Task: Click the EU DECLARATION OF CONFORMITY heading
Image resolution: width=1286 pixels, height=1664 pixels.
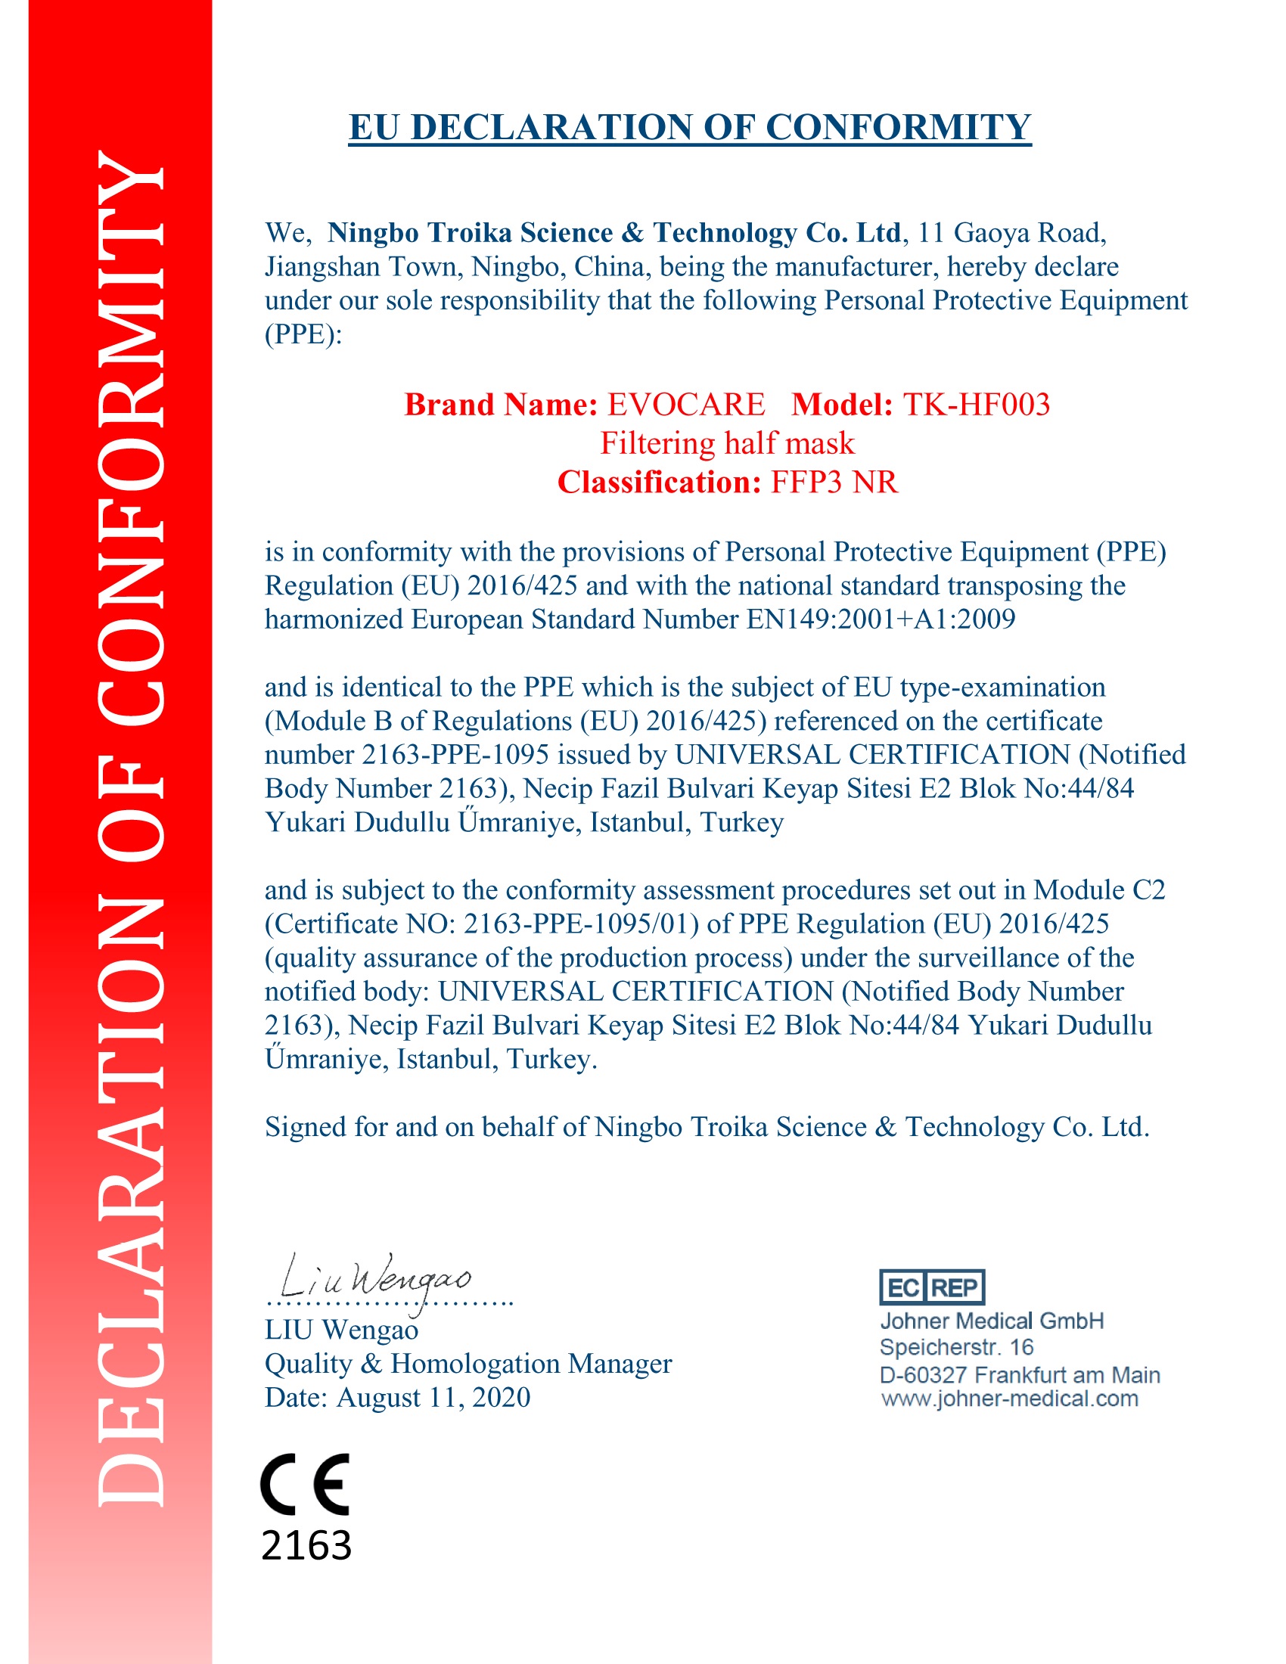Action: [688, 127]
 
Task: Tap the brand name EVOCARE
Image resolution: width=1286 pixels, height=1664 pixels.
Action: [685, 405]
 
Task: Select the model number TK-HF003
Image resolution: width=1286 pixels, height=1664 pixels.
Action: [976, 405]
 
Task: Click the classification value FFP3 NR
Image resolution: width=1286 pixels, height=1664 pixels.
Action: [834, 483]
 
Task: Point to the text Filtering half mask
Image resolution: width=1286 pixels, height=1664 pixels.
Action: [727, 443]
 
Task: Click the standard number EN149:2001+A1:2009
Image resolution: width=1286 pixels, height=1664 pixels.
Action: [880, 619]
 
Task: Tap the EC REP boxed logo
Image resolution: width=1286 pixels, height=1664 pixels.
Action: [932, 1287]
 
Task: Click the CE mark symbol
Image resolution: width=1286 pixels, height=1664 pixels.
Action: [305, 1483]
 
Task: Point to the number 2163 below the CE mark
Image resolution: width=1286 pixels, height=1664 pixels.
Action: [306, 1544]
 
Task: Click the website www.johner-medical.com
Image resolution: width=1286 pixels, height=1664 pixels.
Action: [1009, 1399]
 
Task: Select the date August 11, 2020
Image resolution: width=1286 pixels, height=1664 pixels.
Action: [433, 1397]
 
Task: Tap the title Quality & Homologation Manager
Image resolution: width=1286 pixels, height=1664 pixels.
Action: [467, 1363]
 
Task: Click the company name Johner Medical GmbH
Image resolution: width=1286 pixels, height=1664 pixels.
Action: [991, 1321]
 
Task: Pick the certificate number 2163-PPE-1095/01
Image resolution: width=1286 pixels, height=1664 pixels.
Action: [580, 924]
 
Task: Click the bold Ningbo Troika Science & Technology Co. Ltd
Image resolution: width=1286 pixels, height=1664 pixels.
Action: [614, 232]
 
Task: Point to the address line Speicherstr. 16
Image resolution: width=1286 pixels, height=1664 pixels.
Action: [956, 1347]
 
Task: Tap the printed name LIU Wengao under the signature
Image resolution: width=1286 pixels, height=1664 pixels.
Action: [341, 1330]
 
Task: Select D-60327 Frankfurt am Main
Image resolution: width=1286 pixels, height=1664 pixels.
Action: [1020, 1374]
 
